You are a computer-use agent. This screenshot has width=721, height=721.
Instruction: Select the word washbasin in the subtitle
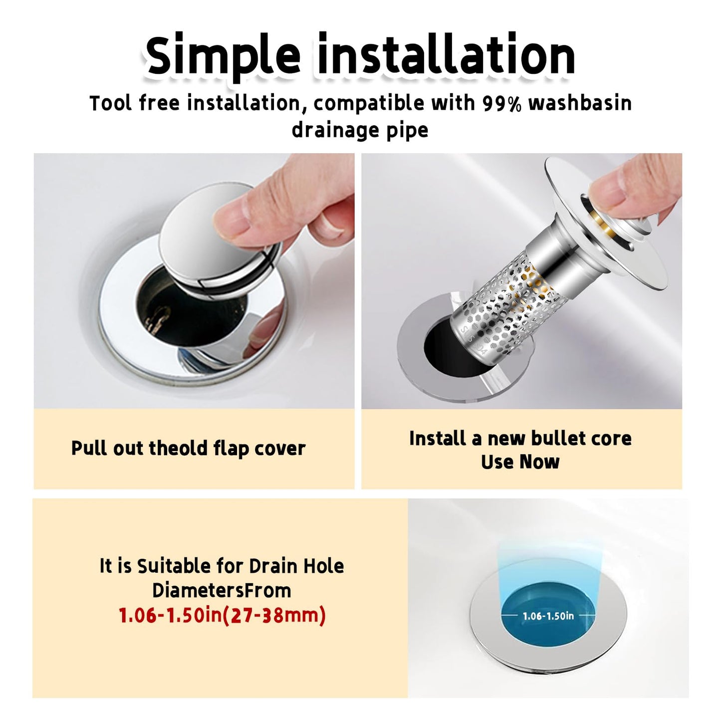point(580,103)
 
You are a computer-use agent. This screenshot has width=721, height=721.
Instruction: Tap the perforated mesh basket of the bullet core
point(504,309)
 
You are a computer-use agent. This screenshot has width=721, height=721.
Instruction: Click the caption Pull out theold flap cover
point(188,448)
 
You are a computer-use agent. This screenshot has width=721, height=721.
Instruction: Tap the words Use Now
point(520,462)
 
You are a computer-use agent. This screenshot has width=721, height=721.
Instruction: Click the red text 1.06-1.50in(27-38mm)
point(222,615)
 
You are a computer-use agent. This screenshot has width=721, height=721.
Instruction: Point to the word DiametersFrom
point(222,590)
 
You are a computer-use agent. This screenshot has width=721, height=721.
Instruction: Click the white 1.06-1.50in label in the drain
point(548,616)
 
